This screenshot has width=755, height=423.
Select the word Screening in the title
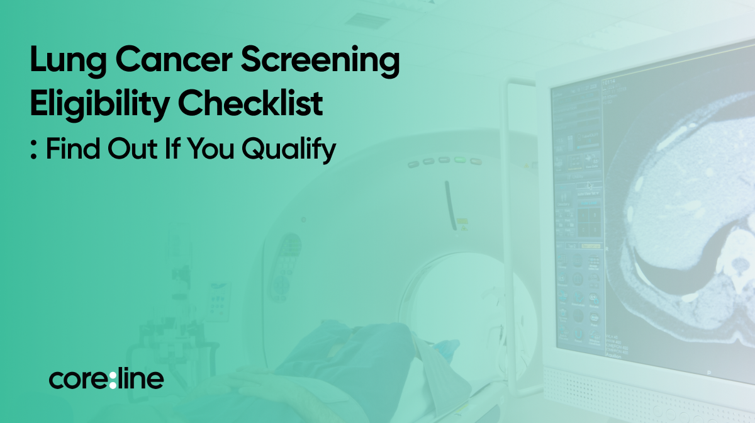tap(320, 60)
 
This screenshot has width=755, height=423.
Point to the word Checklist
tap(250, 103)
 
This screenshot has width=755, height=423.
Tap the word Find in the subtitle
tap(73, 148)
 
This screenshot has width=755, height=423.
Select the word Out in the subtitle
tap(133, 149)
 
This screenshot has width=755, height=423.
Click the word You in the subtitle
tap(210, 149)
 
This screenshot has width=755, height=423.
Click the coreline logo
tap(106, 378)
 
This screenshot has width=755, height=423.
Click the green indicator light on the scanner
tap(459, 159)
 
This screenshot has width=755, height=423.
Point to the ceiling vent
tap(367, 21)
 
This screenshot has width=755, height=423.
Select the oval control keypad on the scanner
tap(284, 267)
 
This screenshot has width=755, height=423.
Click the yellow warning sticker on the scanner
tap(462, 222)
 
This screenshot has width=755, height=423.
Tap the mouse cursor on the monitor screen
tap(590, 186)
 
